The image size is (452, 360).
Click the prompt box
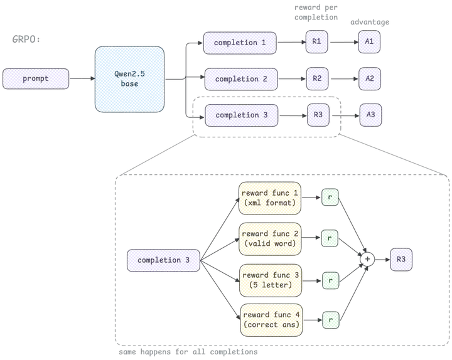(x=36, y=78)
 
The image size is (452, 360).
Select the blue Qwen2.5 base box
(x=130, y=79)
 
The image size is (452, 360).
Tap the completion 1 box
(x=240, y=43)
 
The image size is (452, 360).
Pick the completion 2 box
(x=241, y=79)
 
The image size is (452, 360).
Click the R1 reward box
(x=317, y=42)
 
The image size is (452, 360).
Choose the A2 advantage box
(x=370, y=78)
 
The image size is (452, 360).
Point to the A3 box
(x=371, y=115)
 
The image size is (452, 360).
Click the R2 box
(x=318, y=78)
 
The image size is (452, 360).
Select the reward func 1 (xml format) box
(x=270, y=198)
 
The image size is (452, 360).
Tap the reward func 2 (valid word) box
(x=270, y=239)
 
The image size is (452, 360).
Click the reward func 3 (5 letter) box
(x=271, y=280)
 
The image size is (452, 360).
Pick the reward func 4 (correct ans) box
(x=272, y=320)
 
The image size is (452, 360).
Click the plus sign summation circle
(x=367, y=259)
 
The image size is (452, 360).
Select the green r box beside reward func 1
(x=330, y=198)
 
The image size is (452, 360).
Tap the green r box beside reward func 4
(x=331, y=320)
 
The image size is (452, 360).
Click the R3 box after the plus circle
(x=401, y=260)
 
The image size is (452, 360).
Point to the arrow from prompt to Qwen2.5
(x=82, y=78)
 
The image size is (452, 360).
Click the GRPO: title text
(x=26, y=39)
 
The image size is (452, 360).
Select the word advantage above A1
(x=370, y=22)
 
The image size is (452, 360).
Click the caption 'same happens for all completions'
(x=188, y=352)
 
